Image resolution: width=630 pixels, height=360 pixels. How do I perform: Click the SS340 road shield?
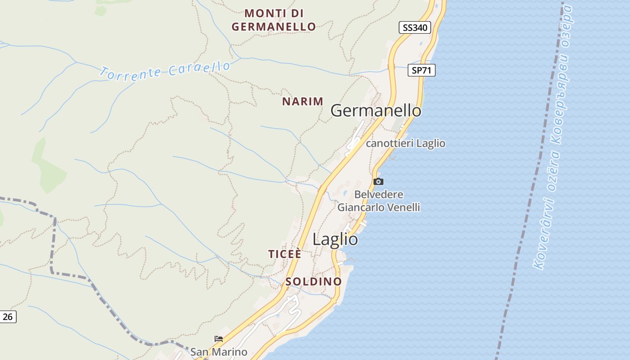[415, 27]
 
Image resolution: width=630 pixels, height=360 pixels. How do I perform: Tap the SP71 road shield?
[422, 70]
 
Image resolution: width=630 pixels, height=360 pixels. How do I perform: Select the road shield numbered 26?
[8, 317]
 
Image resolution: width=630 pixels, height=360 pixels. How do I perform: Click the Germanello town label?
[376, 111]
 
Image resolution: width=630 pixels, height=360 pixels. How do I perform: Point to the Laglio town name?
[335, 239]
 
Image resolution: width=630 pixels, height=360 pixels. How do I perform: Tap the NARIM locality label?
[302, 102]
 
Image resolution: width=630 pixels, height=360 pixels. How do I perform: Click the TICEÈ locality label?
[285, 254]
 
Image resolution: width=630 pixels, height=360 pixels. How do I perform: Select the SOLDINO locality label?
[314, 282]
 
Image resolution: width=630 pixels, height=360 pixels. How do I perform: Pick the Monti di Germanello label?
[274, 20]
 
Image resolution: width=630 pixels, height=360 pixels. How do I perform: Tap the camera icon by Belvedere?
[378, 182]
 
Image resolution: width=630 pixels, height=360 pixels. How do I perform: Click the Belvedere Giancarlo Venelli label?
[378, 201]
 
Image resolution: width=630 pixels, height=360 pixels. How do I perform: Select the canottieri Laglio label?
[405, 144]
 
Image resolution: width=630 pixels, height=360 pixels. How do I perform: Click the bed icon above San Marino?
[219, 339]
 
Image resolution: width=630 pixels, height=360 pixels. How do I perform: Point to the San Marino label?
[219, 352]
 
